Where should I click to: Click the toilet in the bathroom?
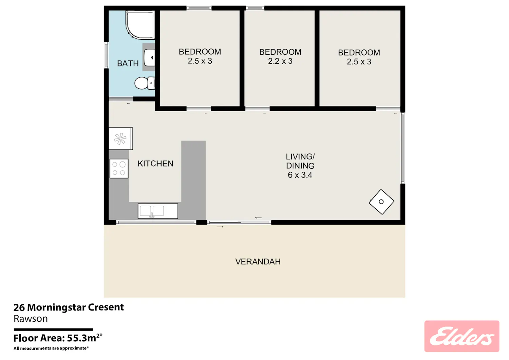145,83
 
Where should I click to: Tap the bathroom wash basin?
150,57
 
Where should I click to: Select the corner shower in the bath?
140,24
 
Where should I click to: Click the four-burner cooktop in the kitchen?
119,168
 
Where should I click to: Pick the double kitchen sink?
158,211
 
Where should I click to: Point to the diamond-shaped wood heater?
381,202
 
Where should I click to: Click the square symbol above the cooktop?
121,139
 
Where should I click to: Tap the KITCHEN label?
155,164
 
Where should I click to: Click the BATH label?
128,63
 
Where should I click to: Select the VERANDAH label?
258,262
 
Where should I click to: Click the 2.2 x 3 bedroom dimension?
280,61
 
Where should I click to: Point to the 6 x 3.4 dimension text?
300,175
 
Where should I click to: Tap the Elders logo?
462,336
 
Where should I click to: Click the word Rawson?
31,319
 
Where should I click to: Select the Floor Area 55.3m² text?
58,338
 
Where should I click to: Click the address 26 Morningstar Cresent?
69,307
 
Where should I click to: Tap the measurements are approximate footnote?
51,348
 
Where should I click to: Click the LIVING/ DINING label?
300,161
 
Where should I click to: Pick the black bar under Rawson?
53,329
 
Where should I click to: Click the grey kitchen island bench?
193,179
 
